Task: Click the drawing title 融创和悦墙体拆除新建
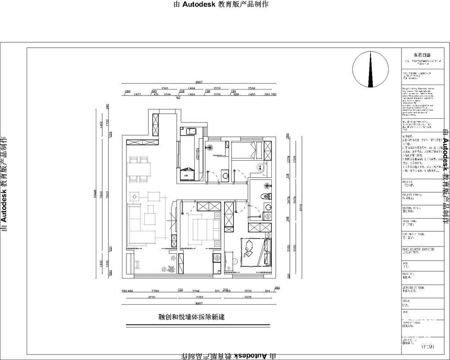(192, 317)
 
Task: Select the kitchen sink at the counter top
(189, 131)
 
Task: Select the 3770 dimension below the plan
(152, 298)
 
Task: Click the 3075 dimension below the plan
(248, 298)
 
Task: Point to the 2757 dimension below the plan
(198, 298)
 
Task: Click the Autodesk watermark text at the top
(220, 4)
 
